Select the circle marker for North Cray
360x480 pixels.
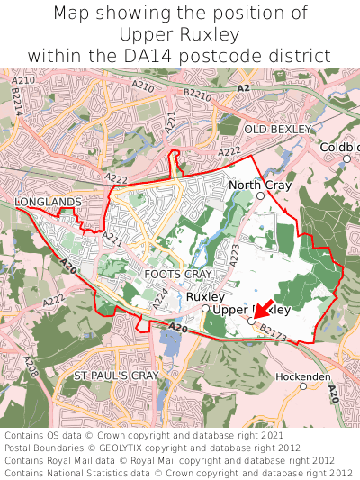(260, 195)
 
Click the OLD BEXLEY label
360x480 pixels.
(282, 130)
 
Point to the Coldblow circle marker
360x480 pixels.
(346, 158)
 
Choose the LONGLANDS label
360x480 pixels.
(48, 202)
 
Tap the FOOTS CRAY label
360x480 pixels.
(177, 273)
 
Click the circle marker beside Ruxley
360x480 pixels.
(205, 309)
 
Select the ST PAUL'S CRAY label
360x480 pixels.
(116, 375)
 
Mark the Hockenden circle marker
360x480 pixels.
(303, 386)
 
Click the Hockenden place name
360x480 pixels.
(303, 376)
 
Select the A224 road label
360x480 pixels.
(159, 296)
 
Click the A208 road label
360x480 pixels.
(31, 366)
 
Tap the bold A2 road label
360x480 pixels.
(243, 87)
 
